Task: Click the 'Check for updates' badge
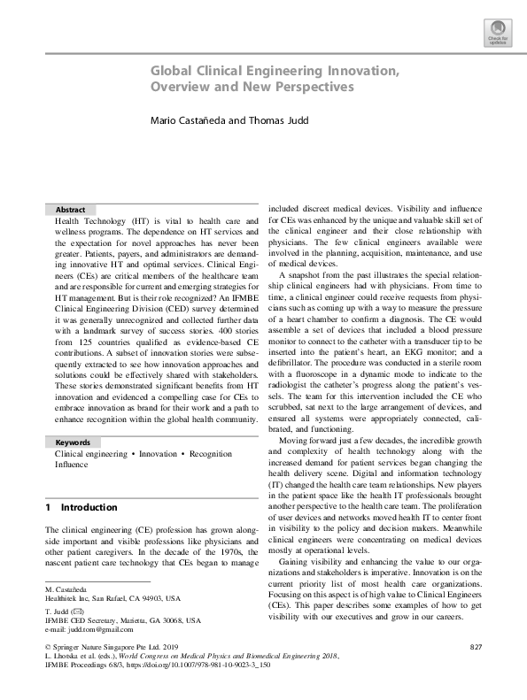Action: click(x=498, y=34)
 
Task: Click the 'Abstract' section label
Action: click(x=70, y=210)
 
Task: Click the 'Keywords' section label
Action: click(x=73, y=442)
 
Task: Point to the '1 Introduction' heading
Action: click(x=81, y=508)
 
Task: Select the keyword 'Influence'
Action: click(x=72, y=464)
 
